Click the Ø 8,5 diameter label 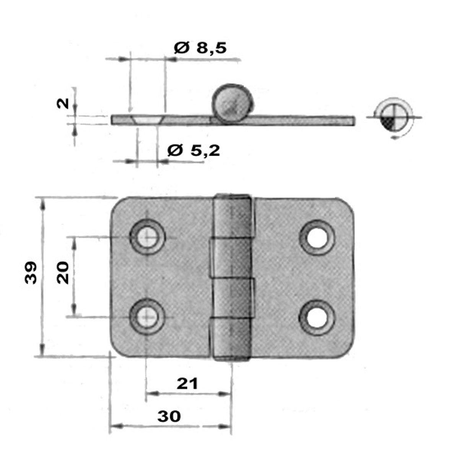(x=200, y=48)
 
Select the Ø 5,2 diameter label (x=194, y=151)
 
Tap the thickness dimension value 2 (x=63, y=104)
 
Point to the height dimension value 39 (x=31, y=273)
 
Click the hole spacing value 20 (x=63, y=273)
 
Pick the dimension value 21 (x=187, y=384)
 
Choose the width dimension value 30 (x=169, y=417)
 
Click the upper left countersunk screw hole (x=148, y=237)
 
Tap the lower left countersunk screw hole (x=148, y=317)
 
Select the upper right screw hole (x=317, y=238)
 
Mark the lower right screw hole (x=317, y=318)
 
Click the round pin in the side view (x=232, y=104)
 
